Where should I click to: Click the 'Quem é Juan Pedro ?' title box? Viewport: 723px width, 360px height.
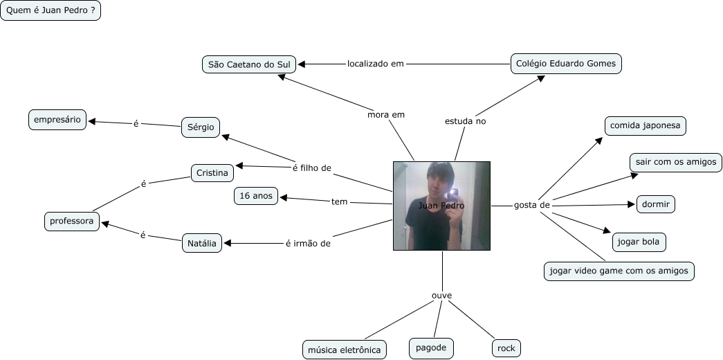point(51,11)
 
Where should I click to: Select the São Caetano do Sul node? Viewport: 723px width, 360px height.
point(249,64)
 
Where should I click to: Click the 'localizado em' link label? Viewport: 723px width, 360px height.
point(375,64)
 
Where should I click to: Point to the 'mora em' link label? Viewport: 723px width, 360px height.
point(386,114)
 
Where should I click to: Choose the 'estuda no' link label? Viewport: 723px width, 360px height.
point(465,121)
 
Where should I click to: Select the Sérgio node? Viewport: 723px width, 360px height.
point(201,127)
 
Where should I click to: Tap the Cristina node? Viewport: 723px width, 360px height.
point(212,172)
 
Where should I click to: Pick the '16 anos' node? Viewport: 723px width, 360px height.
point(256,197)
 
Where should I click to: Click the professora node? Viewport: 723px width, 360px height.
point(71,222)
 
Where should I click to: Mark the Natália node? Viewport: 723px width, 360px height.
point(202,243)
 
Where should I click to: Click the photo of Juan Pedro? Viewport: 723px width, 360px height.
point(441,206)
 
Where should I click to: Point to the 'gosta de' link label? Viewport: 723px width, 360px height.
point(531,205)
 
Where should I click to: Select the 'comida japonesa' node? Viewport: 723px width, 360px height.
point(645,126)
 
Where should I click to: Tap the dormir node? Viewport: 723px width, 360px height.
point(655,204)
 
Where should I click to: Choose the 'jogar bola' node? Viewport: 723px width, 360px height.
point(639,242)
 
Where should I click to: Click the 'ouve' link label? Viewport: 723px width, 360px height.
point(441,296)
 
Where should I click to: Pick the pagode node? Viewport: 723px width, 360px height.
point(431,348)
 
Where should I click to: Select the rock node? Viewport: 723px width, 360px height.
point(506,348)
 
